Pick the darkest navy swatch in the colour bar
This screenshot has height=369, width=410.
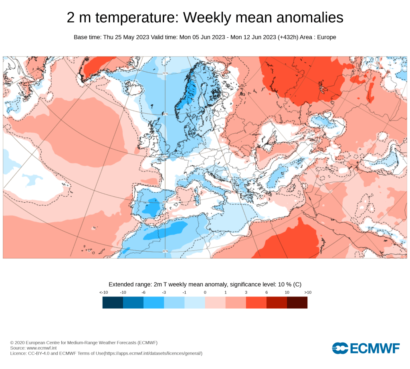coord(113,302)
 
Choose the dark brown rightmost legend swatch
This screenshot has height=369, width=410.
coord(297,302)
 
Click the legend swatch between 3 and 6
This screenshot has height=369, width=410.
coord(256,302)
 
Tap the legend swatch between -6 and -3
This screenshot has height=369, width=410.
coord(154,302)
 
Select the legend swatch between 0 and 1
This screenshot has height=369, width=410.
coord(215,302)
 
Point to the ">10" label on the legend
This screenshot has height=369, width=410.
coord(307,292)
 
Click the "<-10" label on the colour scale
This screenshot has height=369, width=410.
coord(103,292)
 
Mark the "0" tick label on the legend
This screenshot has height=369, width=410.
coord(205,292)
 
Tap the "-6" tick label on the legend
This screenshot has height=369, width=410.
coord(143,292)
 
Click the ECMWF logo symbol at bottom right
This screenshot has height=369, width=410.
coord(340,348)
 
